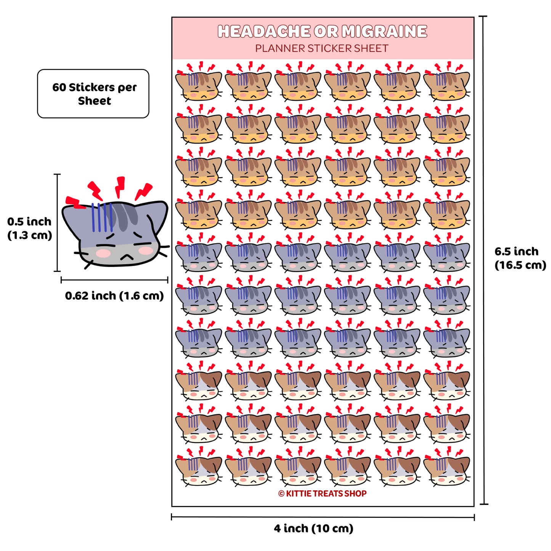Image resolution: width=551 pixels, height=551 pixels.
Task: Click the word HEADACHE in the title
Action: (x=263, y=31)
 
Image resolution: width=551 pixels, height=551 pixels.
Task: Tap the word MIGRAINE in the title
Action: (x=384, y=31)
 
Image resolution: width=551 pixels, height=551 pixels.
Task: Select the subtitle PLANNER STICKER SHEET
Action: (x=322, y=48)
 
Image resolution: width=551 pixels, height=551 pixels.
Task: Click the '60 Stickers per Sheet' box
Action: (x=93, y=93)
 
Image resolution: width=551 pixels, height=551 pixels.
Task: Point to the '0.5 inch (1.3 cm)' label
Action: (x=29, y=228)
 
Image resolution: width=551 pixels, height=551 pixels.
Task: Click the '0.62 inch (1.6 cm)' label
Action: (x=114, y=296)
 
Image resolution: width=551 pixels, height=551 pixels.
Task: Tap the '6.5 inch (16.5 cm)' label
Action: (x=520, y=258)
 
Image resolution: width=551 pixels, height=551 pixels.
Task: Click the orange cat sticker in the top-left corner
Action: (x=198, y=82)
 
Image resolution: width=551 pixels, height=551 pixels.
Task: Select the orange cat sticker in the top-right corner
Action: (x=447, y=82)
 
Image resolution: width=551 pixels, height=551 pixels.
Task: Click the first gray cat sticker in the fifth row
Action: (x=198, y=252)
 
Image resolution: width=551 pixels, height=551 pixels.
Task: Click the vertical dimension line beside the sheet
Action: (x=484, y=260)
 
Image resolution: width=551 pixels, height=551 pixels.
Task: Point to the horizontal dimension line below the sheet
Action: (x=323, y=517)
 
